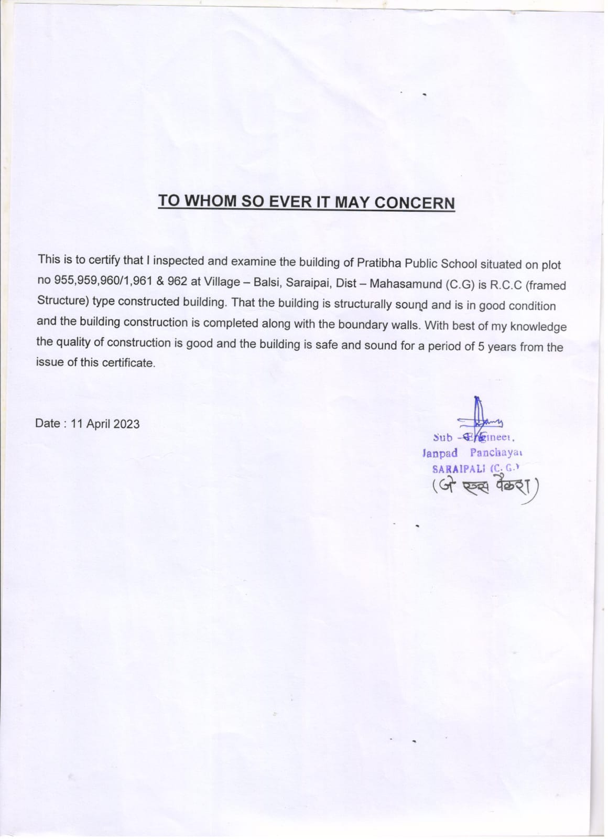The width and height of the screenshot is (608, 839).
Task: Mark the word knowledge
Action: coord(538,327)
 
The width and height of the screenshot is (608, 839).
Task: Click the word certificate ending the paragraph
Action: coord(128,362)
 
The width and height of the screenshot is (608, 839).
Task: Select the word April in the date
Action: coord(96,424)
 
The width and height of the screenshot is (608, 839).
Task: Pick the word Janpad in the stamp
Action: coord(440,453)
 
